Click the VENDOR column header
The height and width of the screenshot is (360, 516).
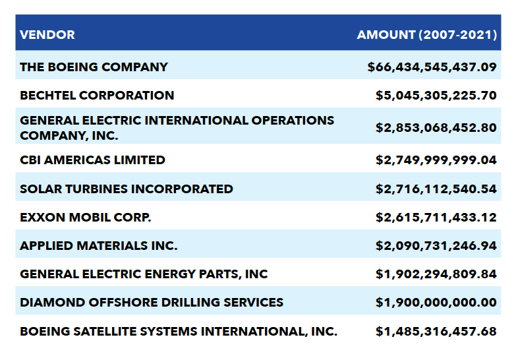pyautogui.click(x=47, y=34)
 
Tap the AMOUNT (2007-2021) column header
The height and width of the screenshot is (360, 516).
pyautogui.click(x=426, y=34)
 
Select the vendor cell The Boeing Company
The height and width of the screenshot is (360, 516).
pyautogui.click(x=94, y=67)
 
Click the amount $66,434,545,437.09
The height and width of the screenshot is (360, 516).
pyautogui.click(x=432, y=67)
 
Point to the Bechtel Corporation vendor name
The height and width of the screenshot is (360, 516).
pyautogui.click(x=97, y=95)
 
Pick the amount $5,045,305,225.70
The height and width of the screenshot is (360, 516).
pyautogui.click(x=436, y=95)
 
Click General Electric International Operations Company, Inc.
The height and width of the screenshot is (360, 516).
pyautogui.click(x=177, y=128)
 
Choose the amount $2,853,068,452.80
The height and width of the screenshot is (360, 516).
pyautogui.click(x=436, y=128)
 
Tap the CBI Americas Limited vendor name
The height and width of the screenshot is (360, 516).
pyautogui.click(x=92, y=160)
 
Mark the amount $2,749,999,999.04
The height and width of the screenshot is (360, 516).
pyautogui.click(x=436, y=160)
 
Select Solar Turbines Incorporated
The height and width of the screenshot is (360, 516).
pyautogui.click(x=127, y=189)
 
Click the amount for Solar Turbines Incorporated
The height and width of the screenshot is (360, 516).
pyautogui.click(x=436, y=189)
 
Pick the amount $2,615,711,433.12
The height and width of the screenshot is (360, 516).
pyautogui.click(x=436, y=217)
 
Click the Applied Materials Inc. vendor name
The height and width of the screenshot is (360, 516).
pyautogui.click(x=99, y=245)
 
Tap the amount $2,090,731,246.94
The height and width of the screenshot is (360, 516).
pyautogui.click(x=436, y=245)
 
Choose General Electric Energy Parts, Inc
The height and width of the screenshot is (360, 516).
pyautogui.click(x=144, y=274)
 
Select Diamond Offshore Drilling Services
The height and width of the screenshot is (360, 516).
pyautogui.click(x=152, y=302)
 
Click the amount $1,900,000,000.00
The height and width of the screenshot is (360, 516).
pyautogui.click(x=436, y=302)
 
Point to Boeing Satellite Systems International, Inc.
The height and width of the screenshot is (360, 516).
pyautogui.click(x=179, y=331)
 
